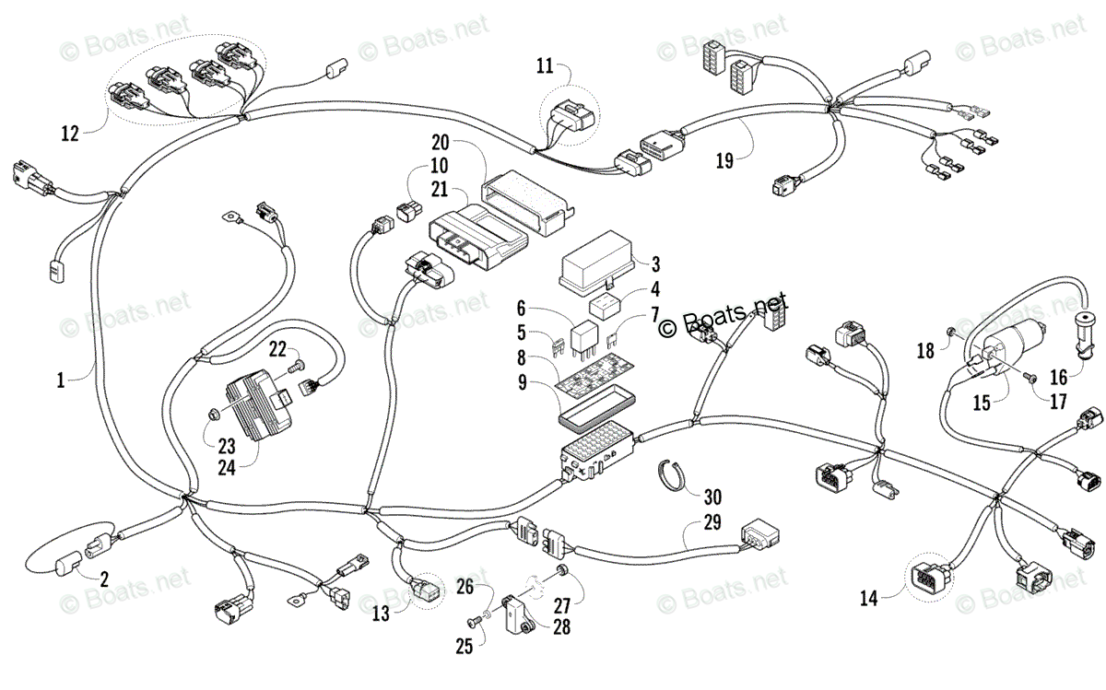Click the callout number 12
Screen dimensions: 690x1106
70,134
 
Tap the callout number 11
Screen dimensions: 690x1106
546,65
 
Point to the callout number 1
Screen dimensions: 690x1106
61,380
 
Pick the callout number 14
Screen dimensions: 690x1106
868,598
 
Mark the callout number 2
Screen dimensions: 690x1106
104,579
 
